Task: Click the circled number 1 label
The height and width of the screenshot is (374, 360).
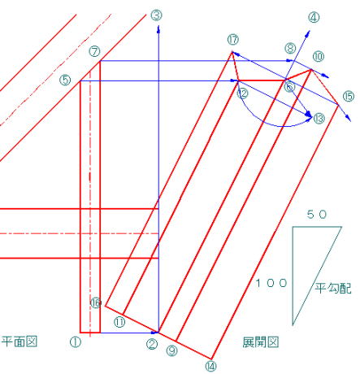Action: tap(76, 342)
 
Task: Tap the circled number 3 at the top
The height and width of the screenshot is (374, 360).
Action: tap(156, 15)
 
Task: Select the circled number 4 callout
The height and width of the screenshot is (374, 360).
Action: tap(314, 18)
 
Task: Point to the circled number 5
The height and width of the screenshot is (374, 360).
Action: tap(65, 80)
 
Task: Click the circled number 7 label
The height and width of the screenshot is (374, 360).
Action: tap(94, 51)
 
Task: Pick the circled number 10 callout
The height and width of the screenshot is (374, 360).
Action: tap(319, 56)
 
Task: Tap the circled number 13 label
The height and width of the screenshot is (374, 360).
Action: tap(319, 119)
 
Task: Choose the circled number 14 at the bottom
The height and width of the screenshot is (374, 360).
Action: tap(210, 367)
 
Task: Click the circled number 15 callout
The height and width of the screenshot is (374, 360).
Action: tap(349, 97)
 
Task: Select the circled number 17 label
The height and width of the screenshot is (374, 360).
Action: tap(233, 40)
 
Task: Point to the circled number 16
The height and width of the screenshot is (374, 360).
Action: tap(96, 302)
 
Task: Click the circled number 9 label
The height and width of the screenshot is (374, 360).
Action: tap(171, 351)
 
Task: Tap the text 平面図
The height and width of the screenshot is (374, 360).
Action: tap(20, 341)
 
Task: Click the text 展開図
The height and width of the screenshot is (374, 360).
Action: tap(261, 342)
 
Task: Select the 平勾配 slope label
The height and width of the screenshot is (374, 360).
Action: tap(333, 288)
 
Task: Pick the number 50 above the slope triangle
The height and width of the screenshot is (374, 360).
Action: tap(317, 215)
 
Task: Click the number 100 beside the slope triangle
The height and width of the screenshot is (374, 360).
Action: tap(271, 283)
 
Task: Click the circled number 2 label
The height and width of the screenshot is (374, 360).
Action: tap(152, 344)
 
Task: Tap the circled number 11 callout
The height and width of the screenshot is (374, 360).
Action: tap(119, 322)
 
